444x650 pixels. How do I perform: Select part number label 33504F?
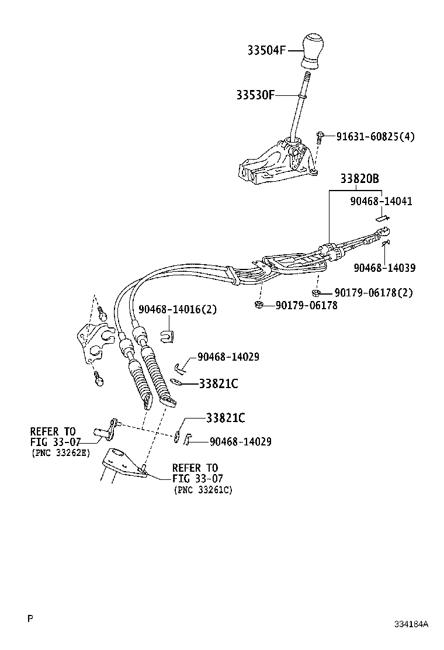[x=266, y=50]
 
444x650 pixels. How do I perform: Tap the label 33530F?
[x=255, y=95]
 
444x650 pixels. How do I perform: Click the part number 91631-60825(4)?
[x=375, y=137]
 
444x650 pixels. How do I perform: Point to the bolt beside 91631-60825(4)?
[x=321, y=137]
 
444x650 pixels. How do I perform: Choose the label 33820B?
[x=360, y=179]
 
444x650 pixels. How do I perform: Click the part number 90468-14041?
[x=381, y=201]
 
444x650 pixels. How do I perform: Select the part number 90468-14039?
[x=384, y=268]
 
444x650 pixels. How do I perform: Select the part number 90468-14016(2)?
[x=178, y=309]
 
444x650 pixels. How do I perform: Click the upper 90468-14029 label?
[x=228, y=357]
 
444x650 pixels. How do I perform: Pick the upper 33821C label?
[x=218, y=384]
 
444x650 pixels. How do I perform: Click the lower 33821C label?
[x=225, y=418]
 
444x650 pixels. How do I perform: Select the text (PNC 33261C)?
[x=203, y=490]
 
